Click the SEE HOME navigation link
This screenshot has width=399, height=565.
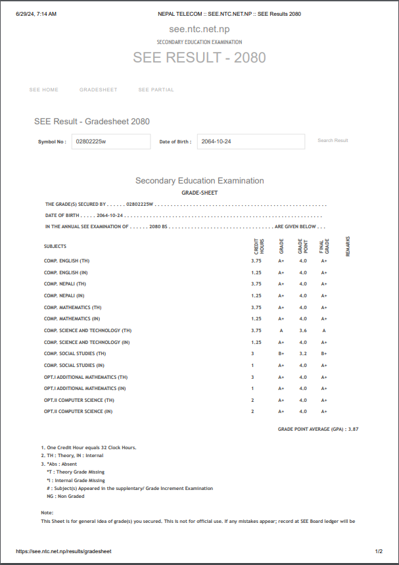tap(44, 90)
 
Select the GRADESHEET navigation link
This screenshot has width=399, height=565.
tap(99, 90)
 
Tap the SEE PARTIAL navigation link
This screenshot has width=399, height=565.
tap(156, 90)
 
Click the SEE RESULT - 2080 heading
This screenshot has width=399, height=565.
tap(199, 57)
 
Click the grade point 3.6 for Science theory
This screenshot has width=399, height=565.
tap(303, 330)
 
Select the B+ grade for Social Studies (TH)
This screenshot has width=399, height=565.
tap(281, 353)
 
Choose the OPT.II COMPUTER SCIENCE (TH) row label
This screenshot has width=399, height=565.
tap(79, 400)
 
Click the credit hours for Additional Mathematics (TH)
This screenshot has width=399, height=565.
tap(252, 377)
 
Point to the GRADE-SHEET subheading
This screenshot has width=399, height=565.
tap(199, 193)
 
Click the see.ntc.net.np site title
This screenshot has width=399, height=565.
tap(199, 30)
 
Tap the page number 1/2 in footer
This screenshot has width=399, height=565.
tap(379, 551)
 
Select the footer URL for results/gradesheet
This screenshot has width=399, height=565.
tap(64, 551)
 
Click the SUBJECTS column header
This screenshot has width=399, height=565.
tap(55, 247)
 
